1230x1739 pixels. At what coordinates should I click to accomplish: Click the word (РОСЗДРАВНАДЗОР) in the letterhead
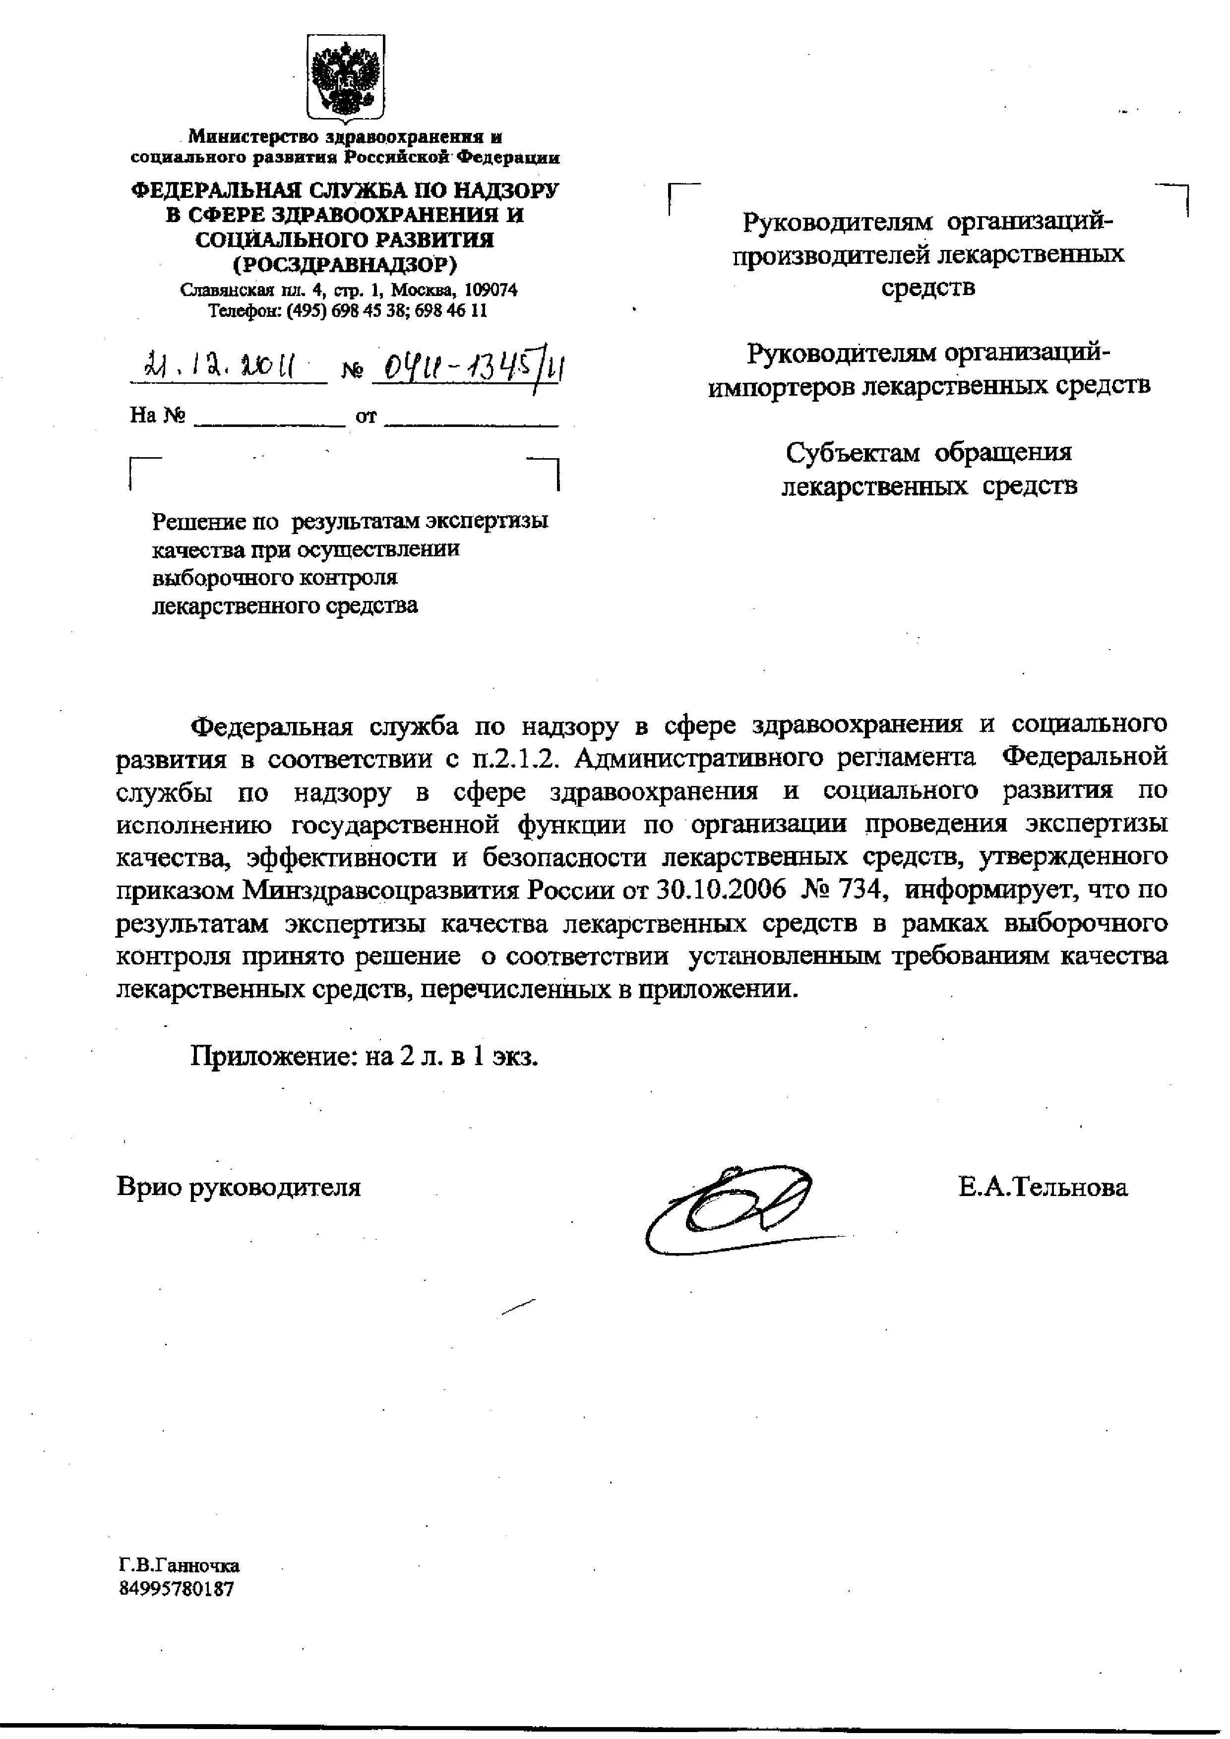coord(345,264)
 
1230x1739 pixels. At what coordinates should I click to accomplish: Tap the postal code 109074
coord(490,290)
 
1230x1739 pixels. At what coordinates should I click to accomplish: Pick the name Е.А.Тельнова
coord(1042,1187)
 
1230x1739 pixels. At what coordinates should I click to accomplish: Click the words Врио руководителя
coord(239,1187)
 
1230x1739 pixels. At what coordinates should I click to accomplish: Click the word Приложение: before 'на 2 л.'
coord(273,1056)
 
